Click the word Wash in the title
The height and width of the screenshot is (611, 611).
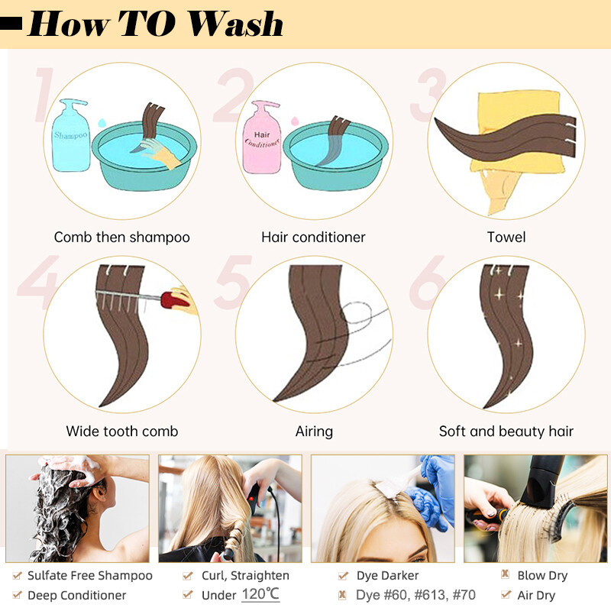point(236,24)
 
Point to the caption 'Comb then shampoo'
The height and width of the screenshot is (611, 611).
point(122,237)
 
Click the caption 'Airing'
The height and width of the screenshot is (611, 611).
point(314,432)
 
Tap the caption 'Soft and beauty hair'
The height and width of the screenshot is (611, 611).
point(506,432)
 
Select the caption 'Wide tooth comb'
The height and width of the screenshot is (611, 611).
point(122,431)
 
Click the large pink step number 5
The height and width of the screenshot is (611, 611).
point(233,282)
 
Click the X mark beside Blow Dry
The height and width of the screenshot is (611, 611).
point(506,574)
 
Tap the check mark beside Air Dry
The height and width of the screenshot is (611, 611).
point(506,594)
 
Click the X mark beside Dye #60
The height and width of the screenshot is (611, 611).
point(342,595)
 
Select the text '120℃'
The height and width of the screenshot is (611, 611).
point(260,594)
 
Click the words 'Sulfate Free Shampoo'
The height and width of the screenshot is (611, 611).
point(90,576)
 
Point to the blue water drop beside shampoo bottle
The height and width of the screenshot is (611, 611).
point(102,123)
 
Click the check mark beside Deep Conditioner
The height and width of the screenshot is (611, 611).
point(17,595)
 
